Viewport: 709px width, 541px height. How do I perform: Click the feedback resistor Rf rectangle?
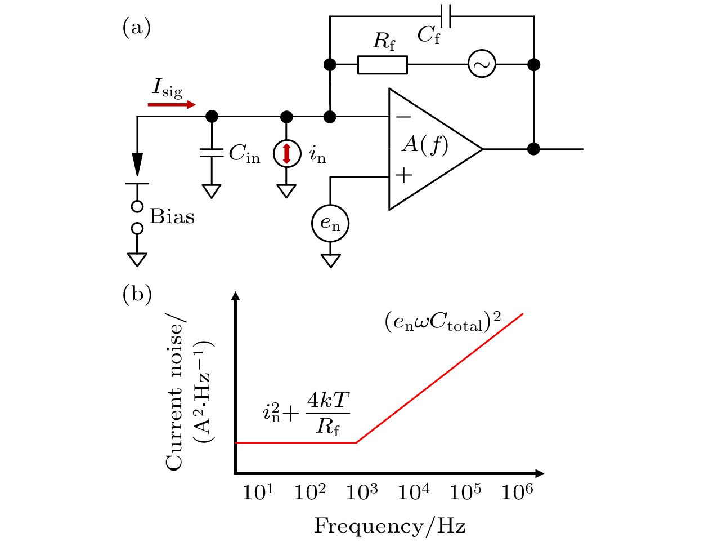pos(382,65)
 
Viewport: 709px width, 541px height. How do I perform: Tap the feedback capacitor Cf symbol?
pos(446,16)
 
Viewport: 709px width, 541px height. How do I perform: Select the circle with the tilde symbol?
pos(482,65)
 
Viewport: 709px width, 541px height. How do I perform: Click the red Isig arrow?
pos(172,105)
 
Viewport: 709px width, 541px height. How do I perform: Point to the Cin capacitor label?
pos(244,153)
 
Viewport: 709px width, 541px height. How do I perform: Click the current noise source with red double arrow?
pos(286,153)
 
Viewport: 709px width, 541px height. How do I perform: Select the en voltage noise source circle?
pos(330,224)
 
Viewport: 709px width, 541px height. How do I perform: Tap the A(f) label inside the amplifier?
pos(425,145)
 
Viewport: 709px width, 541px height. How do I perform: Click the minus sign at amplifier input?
pos(403,117)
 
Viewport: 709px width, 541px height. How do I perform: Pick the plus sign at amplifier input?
pos(403,175)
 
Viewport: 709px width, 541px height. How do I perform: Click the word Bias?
pos(172,217)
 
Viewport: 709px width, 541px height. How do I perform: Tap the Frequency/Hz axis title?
pos(389,526)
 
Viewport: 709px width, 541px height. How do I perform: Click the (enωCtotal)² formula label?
pos(443,322)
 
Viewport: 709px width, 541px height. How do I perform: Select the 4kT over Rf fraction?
pos(328,413)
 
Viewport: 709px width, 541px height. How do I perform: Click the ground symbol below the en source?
pos(330,260)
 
